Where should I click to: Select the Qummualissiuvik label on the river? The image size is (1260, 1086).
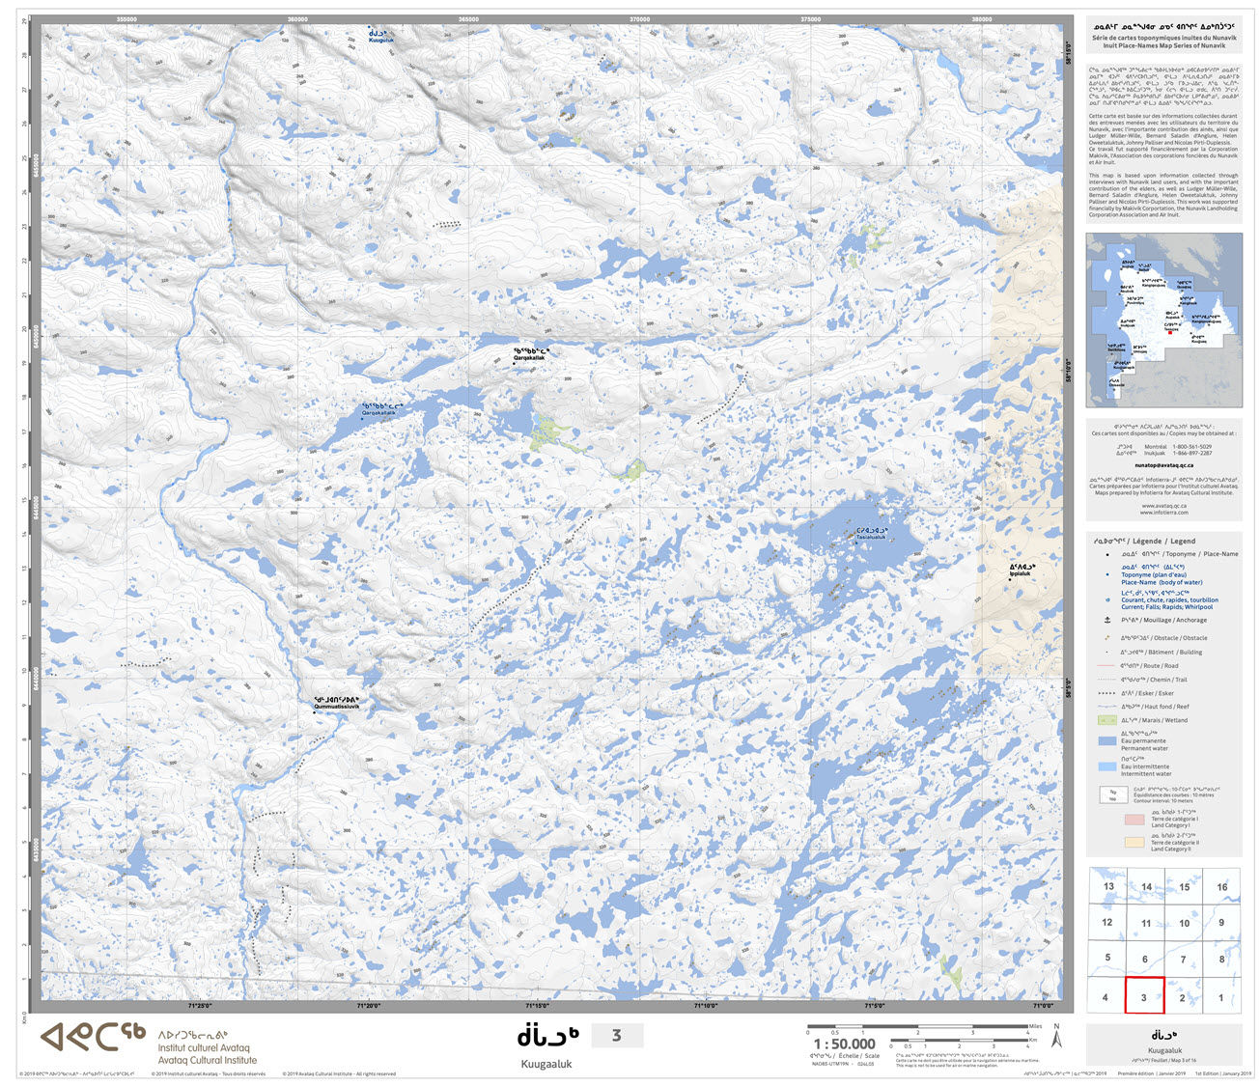[x=336, y=704]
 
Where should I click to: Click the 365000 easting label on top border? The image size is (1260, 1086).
[x=468, y=18]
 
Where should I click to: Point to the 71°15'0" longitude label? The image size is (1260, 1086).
[x=537, y=1006]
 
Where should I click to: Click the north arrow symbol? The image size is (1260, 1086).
[x=1056, y=1038]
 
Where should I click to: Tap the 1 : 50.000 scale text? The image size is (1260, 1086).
[x=844, y=1044]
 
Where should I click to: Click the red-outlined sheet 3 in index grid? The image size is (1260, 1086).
[x=1144, y=995]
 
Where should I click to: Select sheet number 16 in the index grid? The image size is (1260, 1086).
[x=1221, y=887]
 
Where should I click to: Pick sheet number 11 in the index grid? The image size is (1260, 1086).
[x=1145, y=924]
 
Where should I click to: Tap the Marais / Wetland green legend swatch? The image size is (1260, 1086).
[x=1106, y=720]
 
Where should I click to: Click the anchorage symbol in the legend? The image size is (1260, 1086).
[x=1106, y=620]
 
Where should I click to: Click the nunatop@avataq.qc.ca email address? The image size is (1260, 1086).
[x=1162, y=464]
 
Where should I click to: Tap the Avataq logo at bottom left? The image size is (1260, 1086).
[x=93, y=1038]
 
